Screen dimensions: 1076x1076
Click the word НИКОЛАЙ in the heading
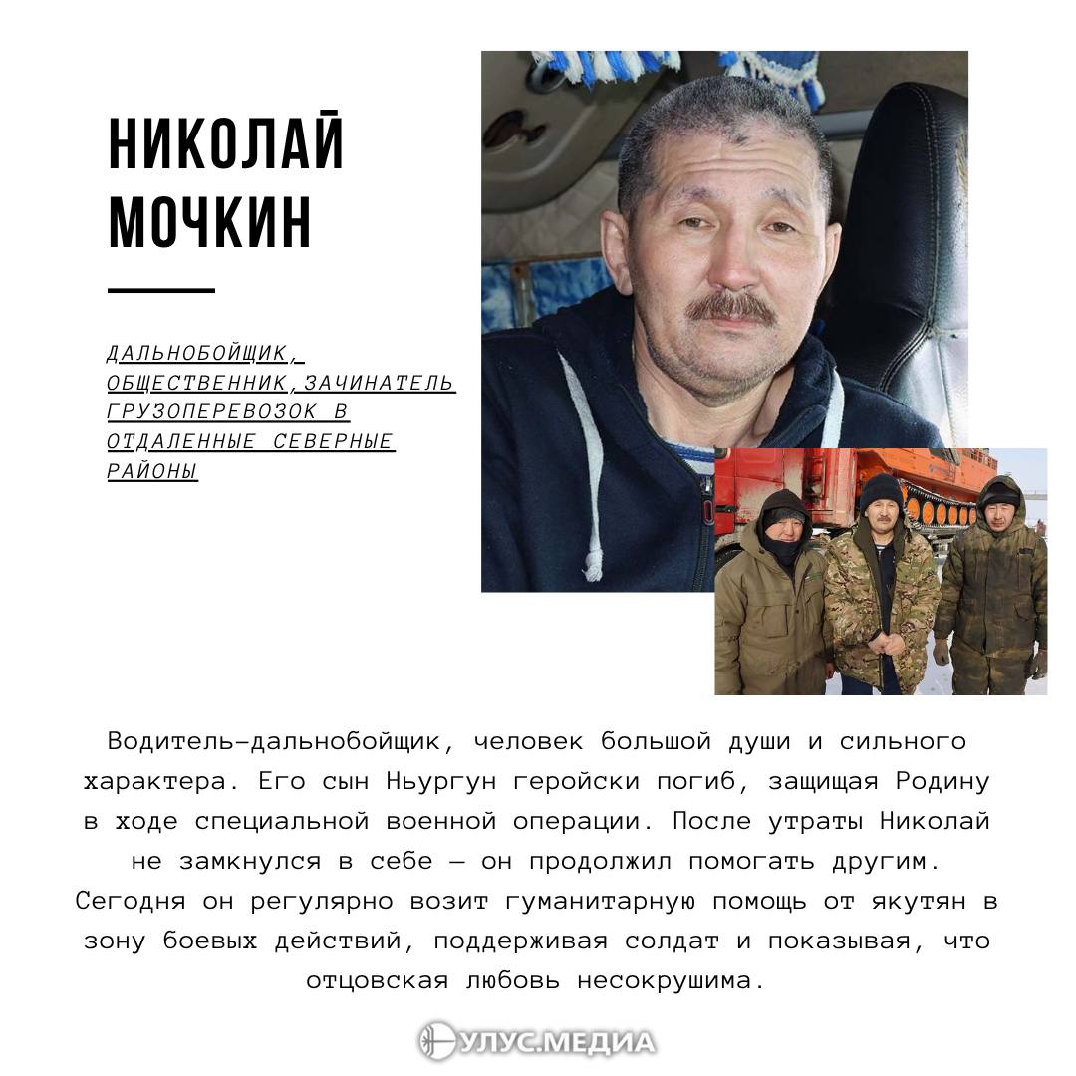[226, 144]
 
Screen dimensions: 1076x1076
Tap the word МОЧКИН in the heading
[209, 222]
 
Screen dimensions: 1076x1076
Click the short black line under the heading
[160, 291]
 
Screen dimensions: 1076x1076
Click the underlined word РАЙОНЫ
[152, 471]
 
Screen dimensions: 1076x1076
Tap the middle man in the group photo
[881, 588]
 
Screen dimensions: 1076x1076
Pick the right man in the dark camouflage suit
[991, 588]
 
